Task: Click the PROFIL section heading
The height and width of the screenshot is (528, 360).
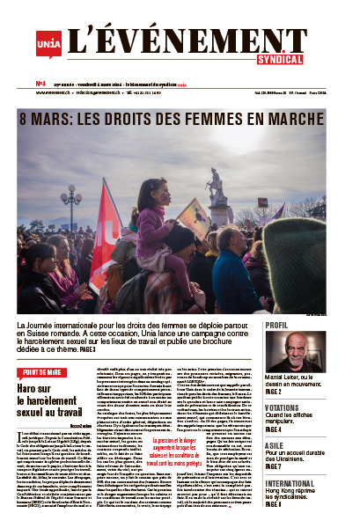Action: [278, 326]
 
